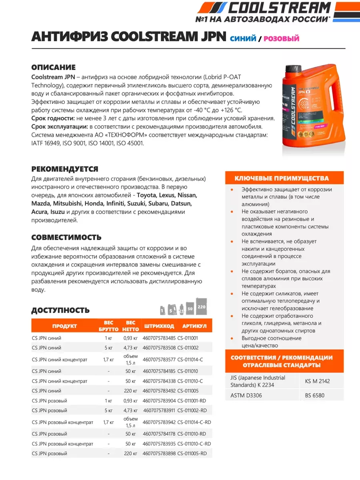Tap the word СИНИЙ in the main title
click(243, 38)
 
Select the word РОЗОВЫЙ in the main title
click(282, 38)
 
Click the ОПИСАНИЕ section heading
click(53, 67)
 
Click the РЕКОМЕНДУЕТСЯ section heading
click(64, 169)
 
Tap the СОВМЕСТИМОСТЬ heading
click(66, 237)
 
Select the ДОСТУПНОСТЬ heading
click(60, 310)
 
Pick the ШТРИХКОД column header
click(158, 326)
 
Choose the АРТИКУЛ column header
click(194, 326)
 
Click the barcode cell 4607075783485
click(159, 338)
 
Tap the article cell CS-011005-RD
click(192, 453)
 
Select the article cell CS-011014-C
click(190, 359)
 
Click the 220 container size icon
click(201, 307)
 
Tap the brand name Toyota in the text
click(146, 196)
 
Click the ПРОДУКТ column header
click(64, 326)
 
